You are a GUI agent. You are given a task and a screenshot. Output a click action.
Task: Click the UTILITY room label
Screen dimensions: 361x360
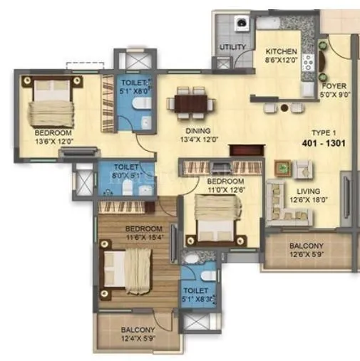coord(233,48)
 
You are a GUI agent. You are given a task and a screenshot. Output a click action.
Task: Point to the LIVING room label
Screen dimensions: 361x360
coord(309,192)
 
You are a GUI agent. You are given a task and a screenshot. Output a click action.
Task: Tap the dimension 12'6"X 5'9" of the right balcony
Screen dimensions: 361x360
coord(306,255)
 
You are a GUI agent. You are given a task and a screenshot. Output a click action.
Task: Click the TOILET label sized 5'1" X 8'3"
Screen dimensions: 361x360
coord(195,291)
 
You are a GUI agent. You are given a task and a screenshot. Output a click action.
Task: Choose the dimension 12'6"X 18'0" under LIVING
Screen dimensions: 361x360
coord(309,200)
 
